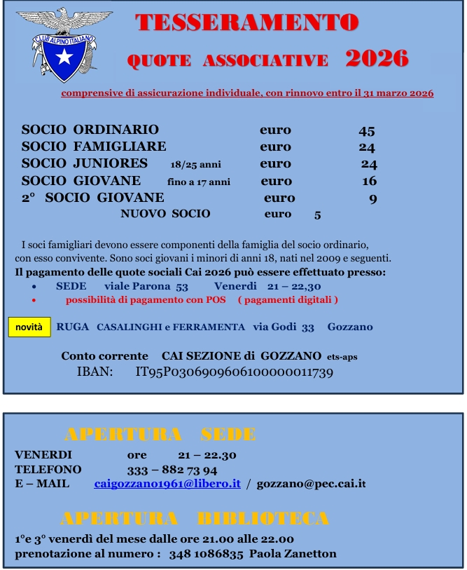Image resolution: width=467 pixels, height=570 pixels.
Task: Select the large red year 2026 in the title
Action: (x=377, y=59)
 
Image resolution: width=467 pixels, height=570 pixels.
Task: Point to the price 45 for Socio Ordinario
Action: (x=367, y=130)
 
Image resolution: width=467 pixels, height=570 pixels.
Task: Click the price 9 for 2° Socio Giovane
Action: (x=373, y=198)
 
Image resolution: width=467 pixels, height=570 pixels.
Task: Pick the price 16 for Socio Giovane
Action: (x=369, y=182)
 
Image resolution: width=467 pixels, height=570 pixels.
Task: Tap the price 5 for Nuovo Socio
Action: (x=317, y=215)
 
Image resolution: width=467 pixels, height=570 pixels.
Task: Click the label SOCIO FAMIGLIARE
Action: (x=94, y=147)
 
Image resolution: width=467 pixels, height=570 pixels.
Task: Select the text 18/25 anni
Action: (x=195, y=165)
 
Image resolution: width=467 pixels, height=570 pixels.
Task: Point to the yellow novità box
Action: (x=29, y=327)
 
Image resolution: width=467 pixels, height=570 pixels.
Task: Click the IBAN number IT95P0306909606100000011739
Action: (x=234, y=372)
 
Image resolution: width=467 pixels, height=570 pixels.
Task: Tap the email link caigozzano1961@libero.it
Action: (x=167, y=484)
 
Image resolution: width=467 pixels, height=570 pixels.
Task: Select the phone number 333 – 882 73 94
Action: (x=172, y=470)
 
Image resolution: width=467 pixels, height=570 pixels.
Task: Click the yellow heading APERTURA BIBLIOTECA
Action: (x=195, y=519)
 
